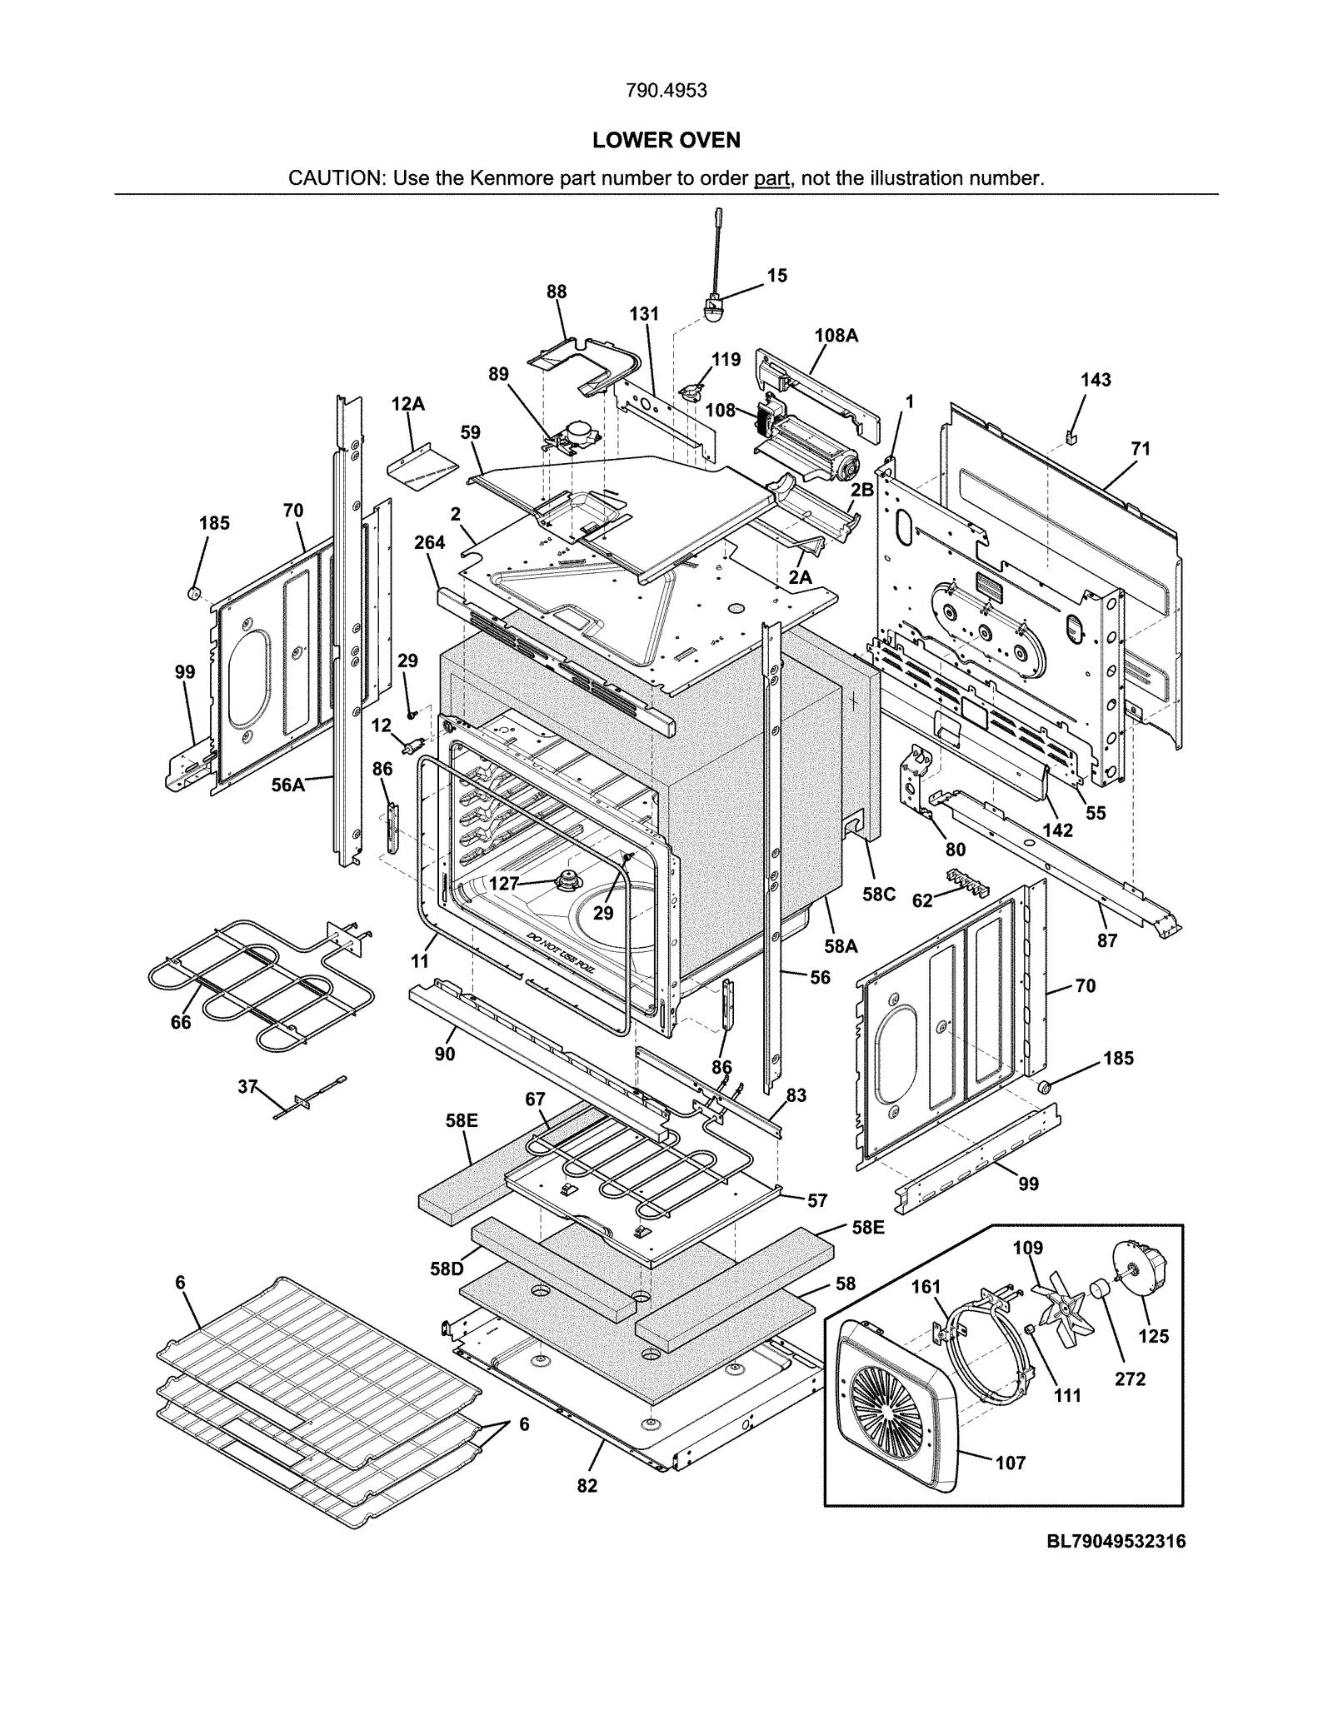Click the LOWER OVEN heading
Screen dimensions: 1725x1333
click(x=666, y=140)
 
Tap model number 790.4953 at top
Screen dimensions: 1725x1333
click(x=666, y=91)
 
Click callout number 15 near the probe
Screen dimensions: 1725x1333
click(x=776, y=276)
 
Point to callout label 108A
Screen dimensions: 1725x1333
click(x=836, y=336)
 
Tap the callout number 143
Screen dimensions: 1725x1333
click(x=1096, y=380)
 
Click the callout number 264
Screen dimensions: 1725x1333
click(x=429, y=542)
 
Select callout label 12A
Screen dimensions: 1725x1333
click(x=407, y=404)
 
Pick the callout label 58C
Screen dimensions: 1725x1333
click(x=878, y=894)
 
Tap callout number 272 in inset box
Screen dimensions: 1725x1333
click(x=1130, y=1379)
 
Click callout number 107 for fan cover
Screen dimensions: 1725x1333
click(x=1010, y=1463)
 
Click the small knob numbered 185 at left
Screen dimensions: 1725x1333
click(x=193, y=593)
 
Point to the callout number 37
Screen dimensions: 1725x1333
click(x=247, y=1086)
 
